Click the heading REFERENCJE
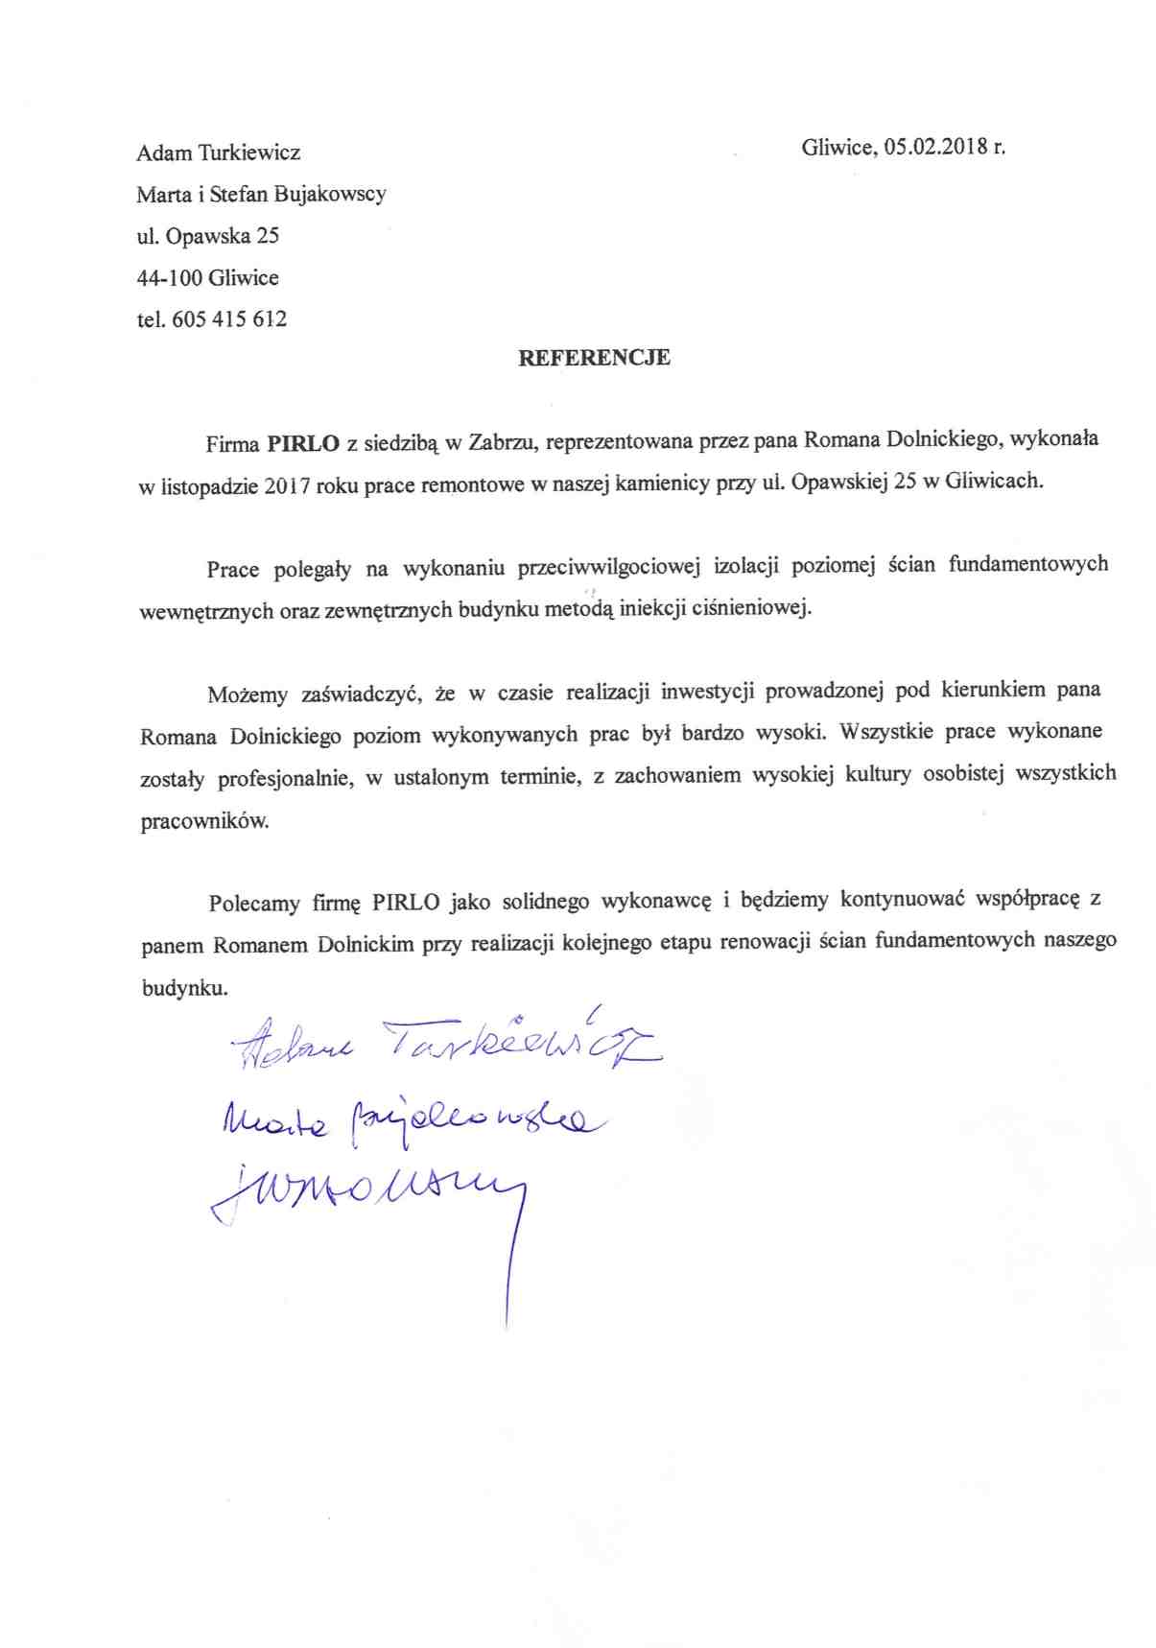pyautogui.click(x=594, y=358)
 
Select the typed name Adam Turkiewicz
pyautogui.click(x=218, y=153)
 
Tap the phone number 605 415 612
pyautogui.click(x=229, y=319)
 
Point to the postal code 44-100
pyautogui.click(x=169, y=278)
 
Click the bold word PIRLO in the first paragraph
pyautogui.click(x=303, y=444)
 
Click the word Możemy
pyautogui.click(x=248, y=695)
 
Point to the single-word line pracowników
pyautogui.click(x=204, y=822)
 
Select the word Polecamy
pyautogui.click(x=254, y=904)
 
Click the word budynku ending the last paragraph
pyautogui.click(x=183, y=988)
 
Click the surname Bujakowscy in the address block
pyautogui.click(x=330, y=194)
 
